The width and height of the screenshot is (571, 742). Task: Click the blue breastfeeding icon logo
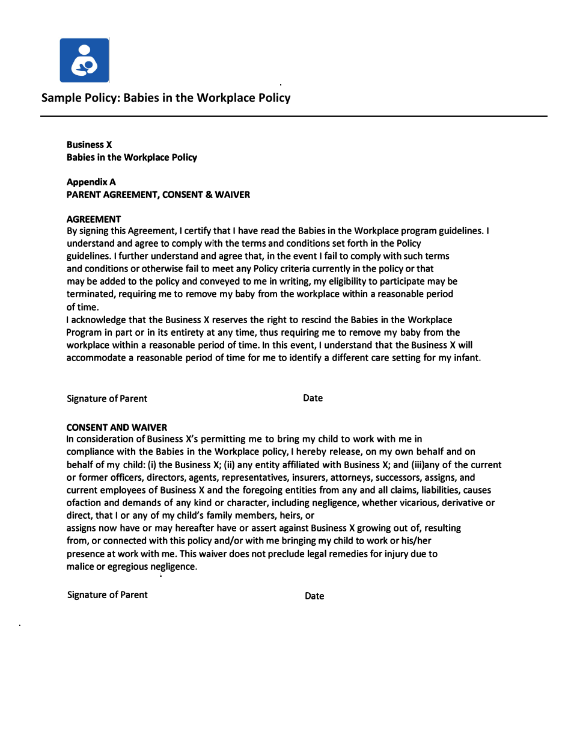[x=84, y=60]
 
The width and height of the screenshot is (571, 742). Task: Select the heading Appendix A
[x=91, y=182]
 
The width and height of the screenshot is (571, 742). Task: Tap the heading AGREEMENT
[x=93, y=219]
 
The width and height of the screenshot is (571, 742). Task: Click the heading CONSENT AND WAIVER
[x=117, y=427]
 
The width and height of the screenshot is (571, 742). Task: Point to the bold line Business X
[x=89, y=144]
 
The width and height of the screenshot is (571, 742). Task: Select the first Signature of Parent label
[x=106, y=398]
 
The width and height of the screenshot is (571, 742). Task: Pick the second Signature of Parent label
[x=107, y=595]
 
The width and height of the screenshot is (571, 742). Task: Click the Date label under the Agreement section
[x=313, y=398]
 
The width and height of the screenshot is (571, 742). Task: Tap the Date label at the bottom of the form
[x=314, y=596]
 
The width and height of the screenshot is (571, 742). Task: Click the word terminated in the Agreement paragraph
[x=90, y=294]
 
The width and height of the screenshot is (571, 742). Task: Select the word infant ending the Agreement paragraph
[x=466, y=357]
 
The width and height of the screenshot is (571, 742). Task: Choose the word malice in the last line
[x=80, y=566]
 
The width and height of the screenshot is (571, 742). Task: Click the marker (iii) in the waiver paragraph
[x=419, y=465]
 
